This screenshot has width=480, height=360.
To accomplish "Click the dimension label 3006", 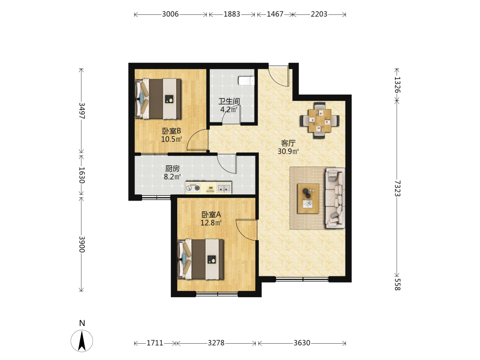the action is coord(170,14).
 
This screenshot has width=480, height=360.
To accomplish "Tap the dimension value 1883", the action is coord(232,14).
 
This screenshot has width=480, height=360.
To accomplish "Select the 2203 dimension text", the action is coord(319,14).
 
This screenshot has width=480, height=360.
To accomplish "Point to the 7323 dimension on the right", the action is coord(397,188).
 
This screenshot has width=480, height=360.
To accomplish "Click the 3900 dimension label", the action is coord(82,244).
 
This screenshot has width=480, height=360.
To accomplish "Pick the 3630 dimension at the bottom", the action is coord(302,343).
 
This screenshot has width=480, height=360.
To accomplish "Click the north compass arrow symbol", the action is coord(82,341).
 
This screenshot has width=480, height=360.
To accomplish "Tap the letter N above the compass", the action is coord(82,323).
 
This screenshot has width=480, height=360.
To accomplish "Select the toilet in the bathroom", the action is coord(246,81).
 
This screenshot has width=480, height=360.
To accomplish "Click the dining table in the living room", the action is coord(320,120).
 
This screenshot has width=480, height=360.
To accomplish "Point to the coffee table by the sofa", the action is coord(308,198).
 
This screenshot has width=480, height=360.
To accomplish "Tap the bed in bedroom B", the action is coord(158,99).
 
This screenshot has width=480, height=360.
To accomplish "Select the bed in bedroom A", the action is coord(201,259).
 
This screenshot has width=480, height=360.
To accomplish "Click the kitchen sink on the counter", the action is coord(224,188).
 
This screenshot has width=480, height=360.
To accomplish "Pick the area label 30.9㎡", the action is coord(288,151).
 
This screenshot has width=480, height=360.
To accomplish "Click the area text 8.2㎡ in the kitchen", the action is coord(172,177).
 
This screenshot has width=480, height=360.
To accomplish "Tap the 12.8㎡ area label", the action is coord(211,223).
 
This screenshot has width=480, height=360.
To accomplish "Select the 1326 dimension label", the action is coord(397,85).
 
